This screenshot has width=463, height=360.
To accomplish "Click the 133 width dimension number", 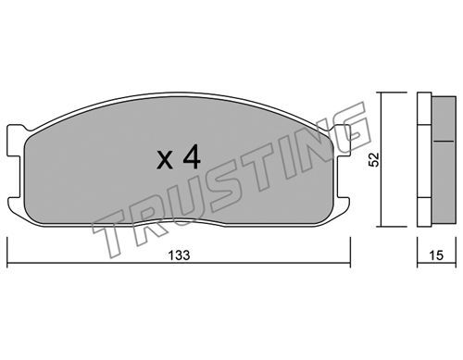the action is click(x=179, y=255).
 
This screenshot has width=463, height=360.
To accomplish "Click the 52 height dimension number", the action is click(x=374, y=159).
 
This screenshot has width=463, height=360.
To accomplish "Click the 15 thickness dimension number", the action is click(x=436, y=255).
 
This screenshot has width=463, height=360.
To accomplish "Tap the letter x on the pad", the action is click(x=165, y=161).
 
